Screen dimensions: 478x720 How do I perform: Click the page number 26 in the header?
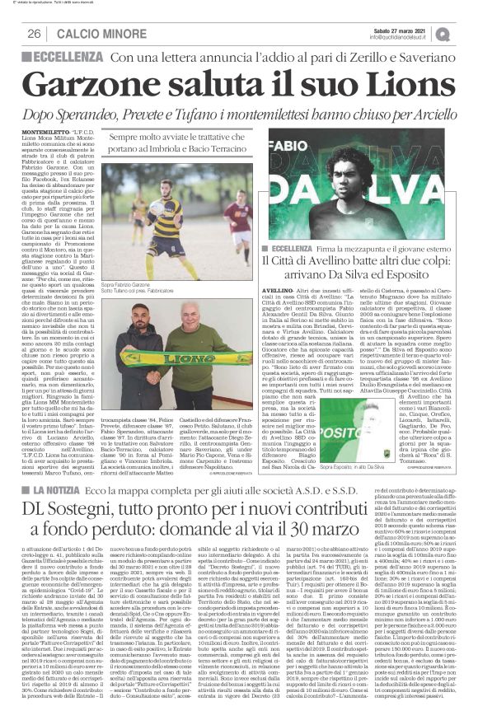pos(35,33)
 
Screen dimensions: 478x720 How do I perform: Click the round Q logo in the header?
pos(467,33)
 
